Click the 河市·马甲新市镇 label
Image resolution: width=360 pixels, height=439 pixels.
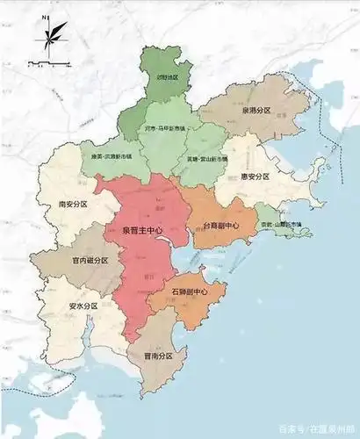pyautogui.click(x=165, y=128)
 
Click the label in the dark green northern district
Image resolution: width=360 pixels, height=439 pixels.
pyautogui.click(x=167, y=77)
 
